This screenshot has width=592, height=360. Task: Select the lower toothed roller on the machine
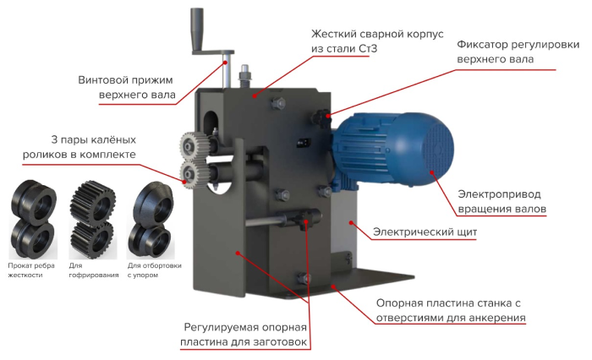point(193,173)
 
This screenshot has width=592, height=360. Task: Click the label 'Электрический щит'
point(425,232)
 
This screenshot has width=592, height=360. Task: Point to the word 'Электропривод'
point(499,194)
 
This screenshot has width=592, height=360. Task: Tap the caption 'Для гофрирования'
point(94,270)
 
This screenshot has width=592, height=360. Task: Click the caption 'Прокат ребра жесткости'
point(31,270)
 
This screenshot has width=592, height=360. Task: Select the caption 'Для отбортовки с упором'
point(155,270)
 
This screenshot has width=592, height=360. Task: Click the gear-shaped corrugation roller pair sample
point(92,219)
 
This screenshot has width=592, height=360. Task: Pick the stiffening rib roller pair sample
point(33,219)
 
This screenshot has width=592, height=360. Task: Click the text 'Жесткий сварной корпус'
point(377,35)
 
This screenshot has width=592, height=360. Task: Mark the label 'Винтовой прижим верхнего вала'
point(126,87)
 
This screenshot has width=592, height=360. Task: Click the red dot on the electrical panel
point(351,222)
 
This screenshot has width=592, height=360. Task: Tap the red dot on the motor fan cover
point(432,172)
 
